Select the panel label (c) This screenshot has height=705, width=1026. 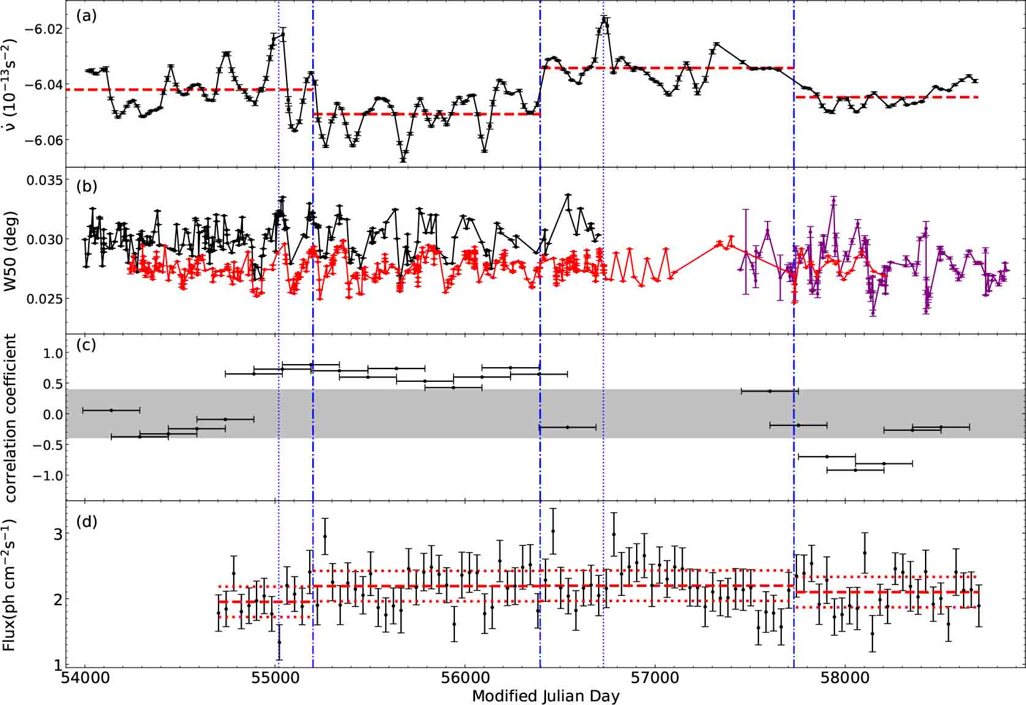click(86, 345)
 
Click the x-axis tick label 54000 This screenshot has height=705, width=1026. click(84, 679)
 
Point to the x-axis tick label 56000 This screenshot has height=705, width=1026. click(465, 679)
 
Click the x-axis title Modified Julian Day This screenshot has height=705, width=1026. click(545, 696)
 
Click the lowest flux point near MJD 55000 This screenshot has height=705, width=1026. click(279, 642)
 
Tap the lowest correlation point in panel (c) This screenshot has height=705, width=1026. click(855, 470)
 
